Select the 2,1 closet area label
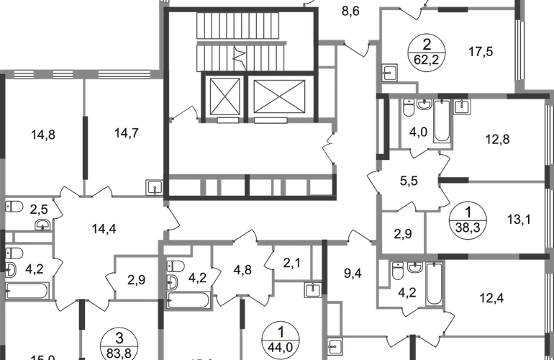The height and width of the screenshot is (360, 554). tap(291, 264)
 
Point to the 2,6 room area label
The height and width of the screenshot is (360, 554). tap(41, 210)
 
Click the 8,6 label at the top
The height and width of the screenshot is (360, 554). tap(351, 10)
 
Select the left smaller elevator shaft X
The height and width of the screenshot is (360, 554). tap(225, 94)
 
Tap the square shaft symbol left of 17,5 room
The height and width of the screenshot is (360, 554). tap(390, 71)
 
